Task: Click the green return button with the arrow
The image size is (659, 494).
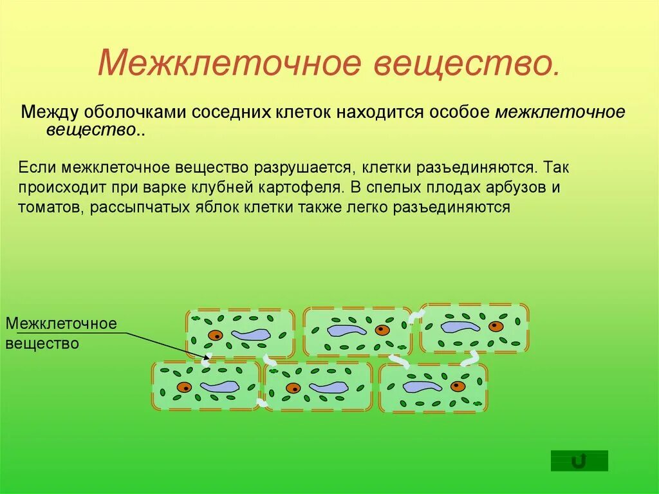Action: [x=579, y=461]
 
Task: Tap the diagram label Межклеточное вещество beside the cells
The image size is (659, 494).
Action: [x=61, y=333]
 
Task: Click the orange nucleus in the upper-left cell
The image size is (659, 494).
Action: [x=214, y=335]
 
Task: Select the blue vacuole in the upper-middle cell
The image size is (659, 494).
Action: [x=347, y=330]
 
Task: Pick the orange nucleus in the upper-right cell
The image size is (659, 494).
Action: [x=496, y=327]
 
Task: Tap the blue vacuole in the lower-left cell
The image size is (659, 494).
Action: [x=219, y=387]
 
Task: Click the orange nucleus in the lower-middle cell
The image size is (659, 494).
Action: [x=293, y=388]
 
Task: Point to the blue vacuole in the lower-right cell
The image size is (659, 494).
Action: [x=422, y=386]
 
